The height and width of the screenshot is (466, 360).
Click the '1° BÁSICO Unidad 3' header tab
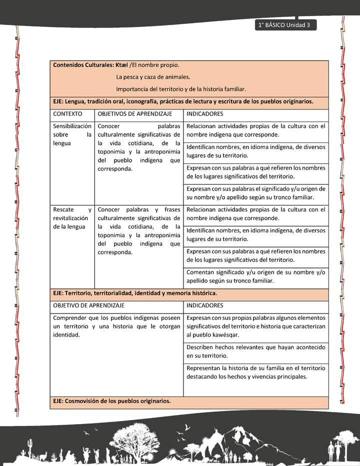pos(284,25)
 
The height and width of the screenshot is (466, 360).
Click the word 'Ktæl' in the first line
pos(121,65)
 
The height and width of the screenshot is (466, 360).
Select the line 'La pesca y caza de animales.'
pos(153,77)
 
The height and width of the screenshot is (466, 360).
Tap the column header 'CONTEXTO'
pos(67,114)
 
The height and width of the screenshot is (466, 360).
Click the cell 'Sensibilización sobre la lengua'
pos(72,134)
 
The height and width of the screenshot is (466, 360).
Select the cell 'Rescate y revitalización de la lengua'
pos(72,218)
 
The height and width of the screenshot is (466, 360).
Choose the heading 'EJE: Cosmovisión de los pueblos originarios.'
pos(111,400)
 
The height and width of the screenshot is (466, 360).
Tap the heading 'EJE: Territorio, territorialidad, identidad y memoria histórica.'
pos(134,293)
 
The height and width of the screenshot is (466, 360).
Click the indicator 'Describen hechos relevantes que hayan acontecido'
pos(255,351)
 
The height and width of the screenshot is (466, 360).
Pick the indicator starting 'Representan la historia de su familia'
pos(255,372)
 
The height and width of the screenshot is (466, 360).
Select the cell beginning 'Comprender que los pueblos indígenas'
pos(116,326)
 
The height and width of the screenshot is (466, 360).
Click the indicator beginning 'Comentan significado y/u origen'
pos(255,276)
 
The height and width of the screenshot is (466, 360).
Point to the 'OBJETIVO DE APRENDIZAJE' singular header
pos(88,305)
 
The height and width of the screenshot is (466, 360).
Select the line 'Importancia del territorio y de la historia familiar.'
pos(180,89)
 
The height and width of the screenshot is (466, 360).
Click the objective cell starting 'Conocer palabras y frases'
pos(139,230)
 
